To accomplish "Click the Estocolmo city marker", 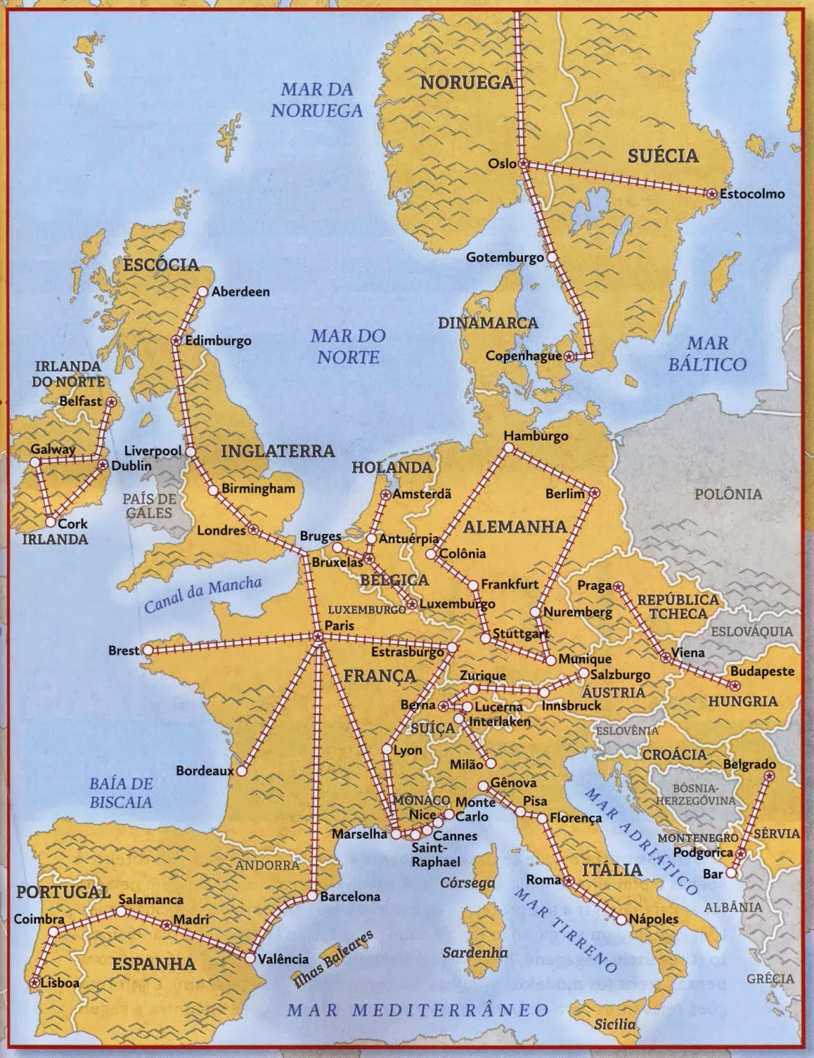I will tap(711, 194).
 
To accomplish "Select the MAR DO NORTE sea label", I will tap(348, 346).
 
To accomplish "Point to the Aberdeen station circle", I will tap(203, 292).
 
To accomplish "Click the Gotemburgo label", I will tap(504, 257).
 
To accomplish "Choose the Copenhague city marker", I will tap(571, 356).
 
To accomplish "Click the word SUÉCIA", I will tap(662, 156).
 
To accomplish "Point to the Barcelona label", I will tap(350, 897).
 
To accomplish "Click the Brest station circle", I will tap(148, 651).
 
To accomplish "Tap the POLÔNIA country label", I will tap(728, 494).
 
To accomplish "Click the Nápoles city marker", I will tap(621, 919).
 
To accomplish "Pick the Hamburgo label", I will tap(535, 436).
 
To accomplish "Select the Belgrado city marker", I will tap(769, 776).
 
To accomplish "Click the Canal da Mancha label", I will tap(203, 594).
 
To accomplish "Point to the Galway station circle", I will tap(35, 462).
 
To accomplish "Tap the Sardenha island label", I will tap(475, 953).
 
